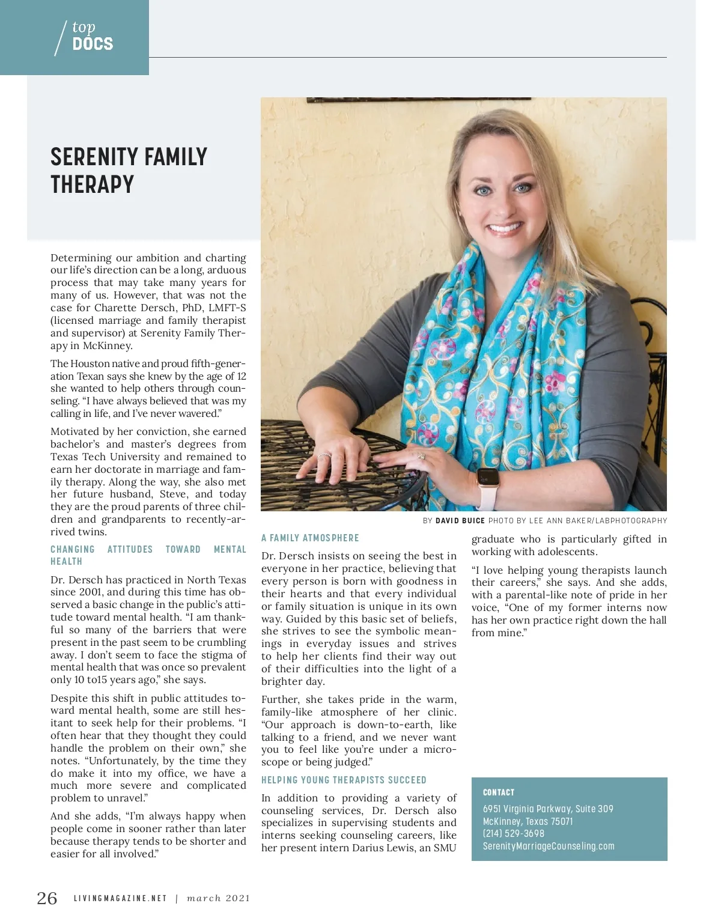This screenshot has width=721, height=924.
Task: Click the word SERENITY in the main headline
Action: tap(92, 157)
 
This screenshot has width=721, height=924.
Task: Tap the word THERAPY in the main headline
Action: tap(92, 185)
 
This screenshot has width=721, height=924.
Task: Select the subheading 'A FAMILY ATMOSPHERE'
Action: tap(310, 538)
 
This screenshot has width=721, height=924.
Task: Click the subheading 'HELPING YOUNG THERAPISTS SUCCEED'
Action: tap(344, 780)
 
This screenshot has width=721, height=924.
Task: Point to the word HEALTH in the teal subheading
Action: tap(66, 562)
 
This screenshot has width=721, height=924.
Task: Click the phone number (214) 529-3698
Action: tap(514, 834)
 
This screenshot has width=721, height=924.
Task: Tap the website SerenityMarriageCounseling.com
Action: tap(549, 846)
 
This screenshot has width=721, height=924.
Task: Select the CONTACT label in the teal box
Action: tap(499, 792)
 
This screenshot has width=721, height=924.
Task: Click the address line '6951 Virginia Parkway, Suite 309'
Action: tap(548, 809)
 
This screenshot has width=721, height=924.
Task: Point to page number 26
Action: tap(47, 898)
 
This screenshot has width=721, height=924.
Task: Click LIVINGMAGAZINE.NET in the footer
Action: tap(120, 899)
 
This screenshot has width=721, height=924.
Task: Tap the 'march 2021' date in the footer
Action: tap(218, 899)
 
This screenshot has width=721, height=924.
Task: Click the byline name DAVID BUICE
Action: tap(460, 521)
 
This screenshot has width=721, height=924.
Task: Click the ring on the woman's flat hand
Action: tap(421, 456)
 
